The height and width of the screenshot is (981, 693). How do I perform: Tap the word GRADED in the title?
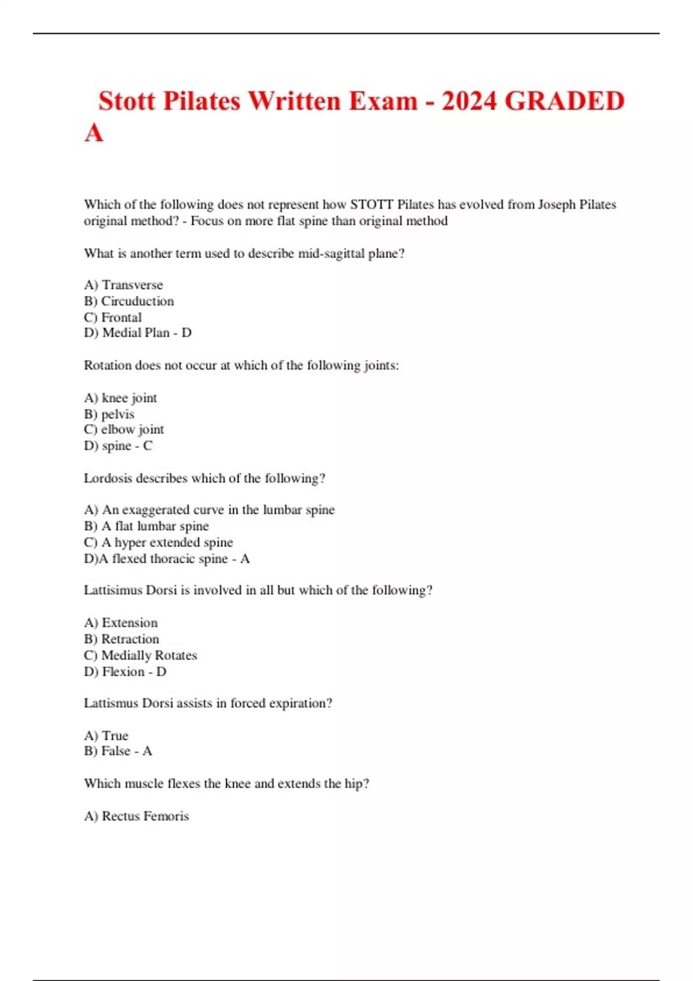pos(564,101)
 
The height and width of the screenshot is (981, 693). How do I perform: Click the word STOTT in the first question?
pos(372,204)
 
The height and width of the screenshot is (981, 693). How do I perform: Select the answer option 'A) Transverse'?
pos(124,285)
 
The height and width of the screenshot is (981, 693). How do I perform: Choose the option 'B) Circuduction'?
pos(129,301)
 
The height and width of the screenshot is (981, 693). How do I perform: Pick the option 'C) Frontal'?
pos(113,317)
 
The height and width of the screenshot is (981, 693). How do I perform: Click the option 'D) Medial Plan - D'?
pos(137,333)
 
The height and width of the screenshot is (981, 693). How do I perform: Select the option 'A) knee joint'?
pos(120,398)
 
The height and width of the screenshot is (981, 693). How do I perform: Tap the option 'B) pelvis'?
pos(109,414)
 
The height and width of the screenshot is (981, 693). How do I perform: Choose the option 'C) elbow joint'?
pos(124,430)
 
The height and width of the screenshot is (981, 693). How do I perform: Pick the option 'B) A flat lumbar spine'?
pos(146,526)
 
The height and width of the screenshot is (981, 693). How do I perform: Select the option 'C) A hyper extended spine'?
pos(158,542)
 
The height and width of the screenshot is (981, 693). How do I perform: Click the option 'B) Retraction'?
pos(121,639)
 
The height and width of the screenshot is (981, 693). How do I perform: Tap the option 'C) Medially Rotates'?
pos(140,656)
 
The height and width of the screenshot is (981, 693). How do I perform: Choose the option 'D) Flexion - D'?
pos(125,672)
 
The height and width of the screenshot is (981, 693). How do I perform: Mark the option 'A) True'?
pos(106,736)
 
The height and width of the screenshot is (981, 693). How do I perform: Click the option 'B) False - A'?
pos(118,751)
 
